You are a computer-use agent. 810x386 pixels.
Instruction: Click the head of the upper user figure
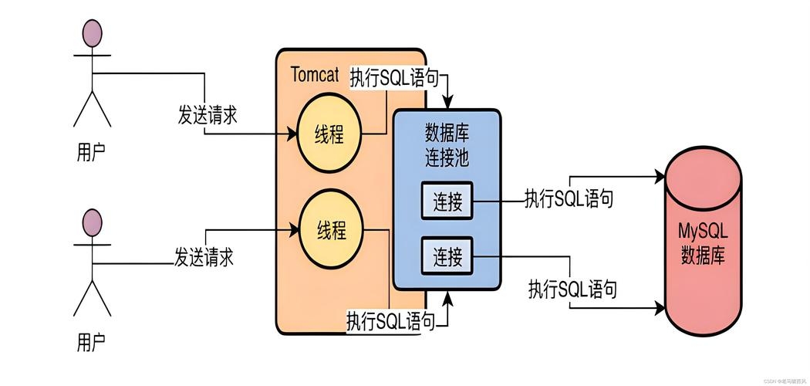93,33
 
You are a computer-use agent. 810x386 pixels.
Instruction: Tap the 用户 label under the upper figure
92,151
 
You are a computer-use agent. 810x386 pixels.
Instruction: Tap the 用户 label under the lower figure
92,340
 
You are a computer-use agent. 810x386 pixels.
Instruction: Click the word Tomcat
316,75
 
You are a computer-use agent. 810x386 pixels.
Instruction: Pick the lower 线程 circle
331,229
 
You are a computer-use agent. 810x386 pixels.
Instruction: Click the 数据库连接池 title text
447,144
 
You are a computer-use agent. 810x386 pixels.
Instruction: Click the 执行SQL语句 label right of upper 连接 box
569,198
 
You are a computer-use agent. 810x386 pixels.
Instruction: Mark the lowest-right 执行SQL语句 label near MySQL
572,289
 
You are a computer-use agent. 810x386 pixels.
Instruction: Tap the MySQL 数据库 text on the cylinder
703,243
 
